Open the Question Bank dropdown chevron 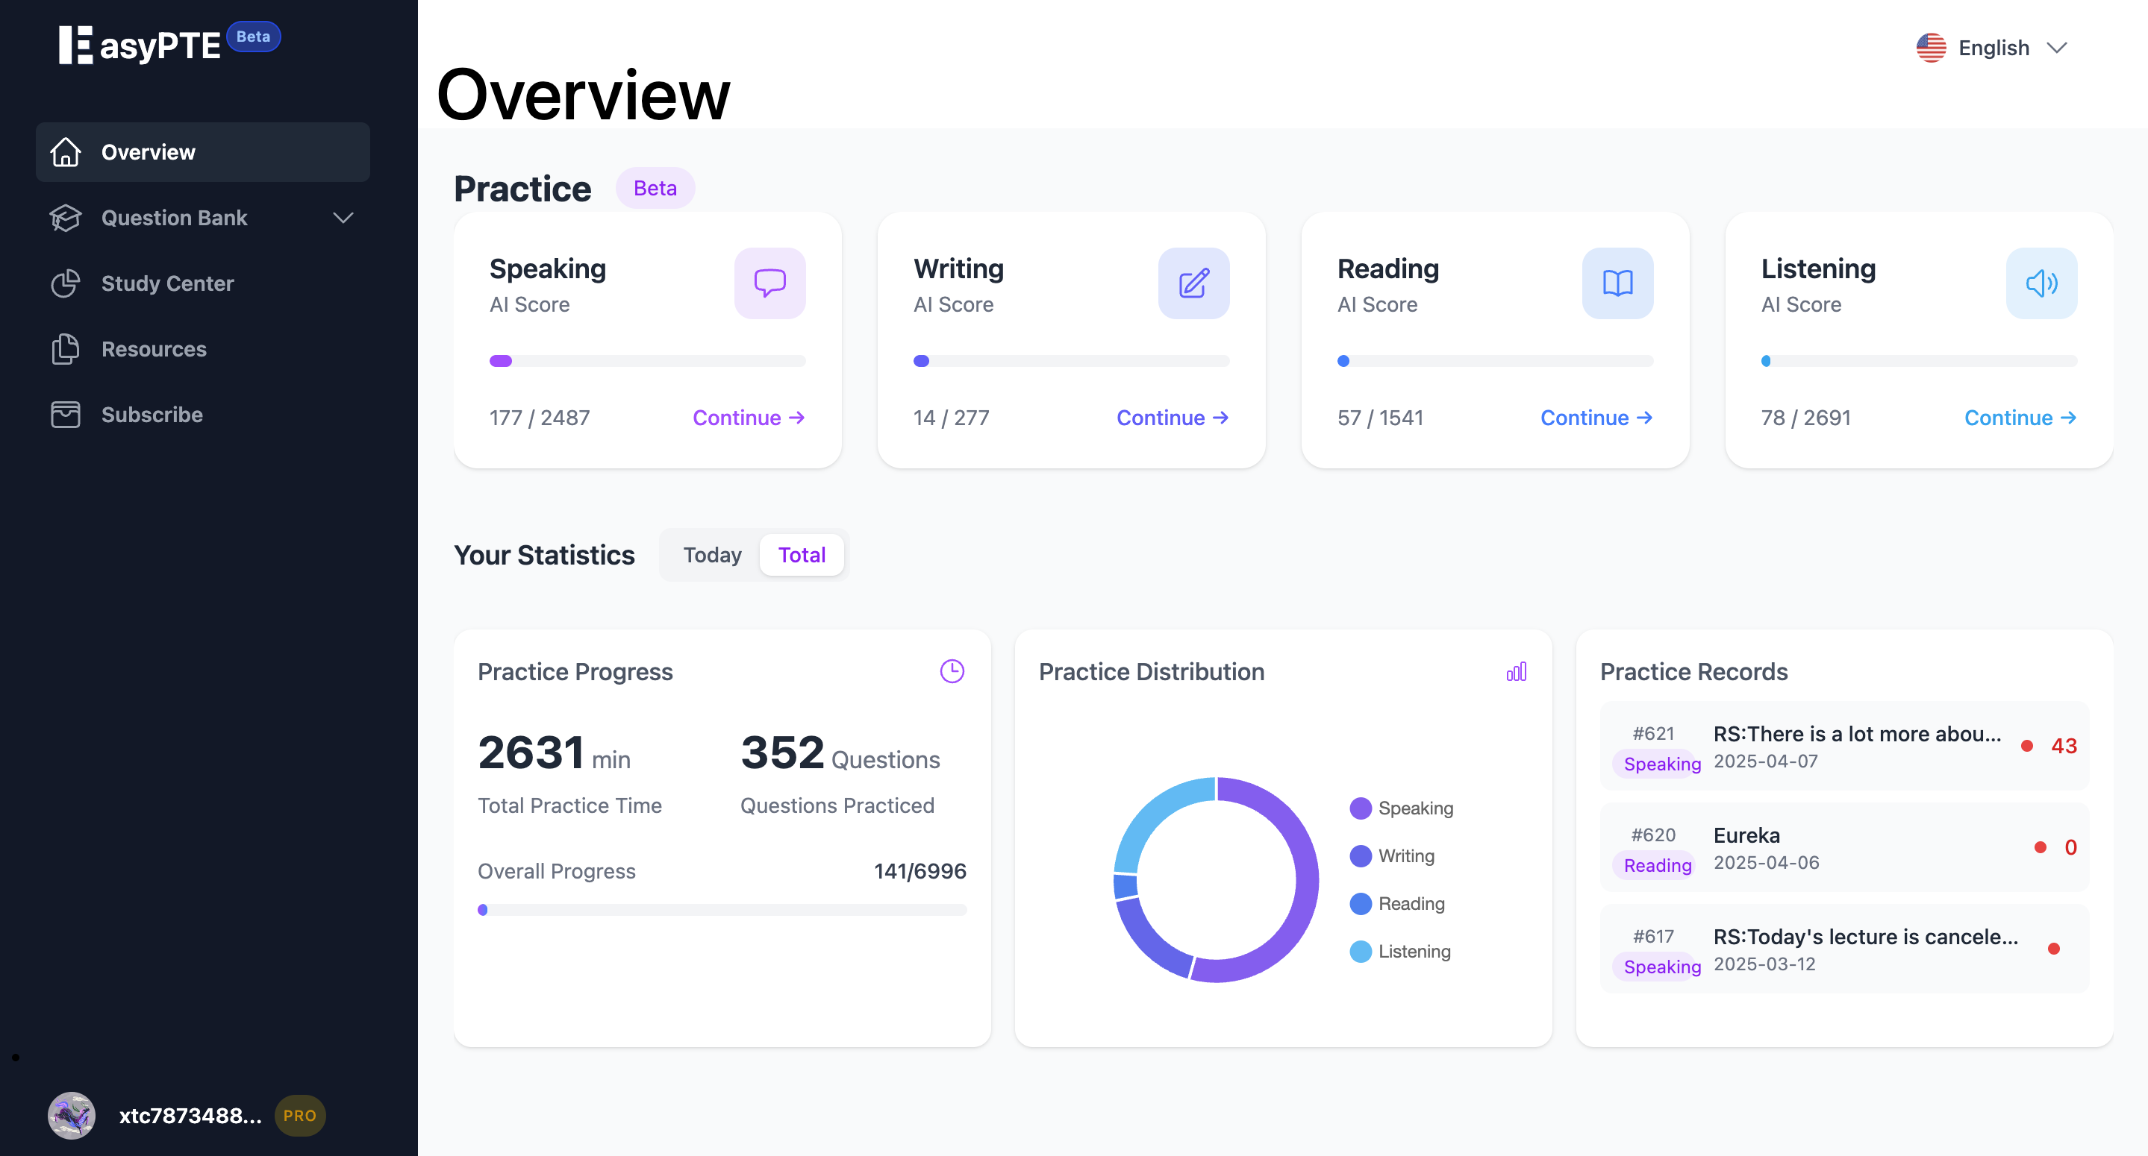(x=343, y=218)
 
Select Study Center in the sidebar (x=166, y=283)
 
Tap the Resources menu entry (x=154, y=348)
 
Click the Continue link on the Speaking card (x=748, y=418)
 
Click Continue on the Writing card (x=1172, y=418)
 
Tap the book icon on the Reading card (x=1617, y=283)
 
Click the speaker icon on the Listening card (x=2041, y=283)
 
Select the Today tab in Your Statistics (x=711, y=555)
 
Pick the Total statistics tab (x=802, y=555)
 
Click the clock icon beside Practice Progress (x=952, y=671)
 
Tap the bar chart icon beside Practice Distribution (x=1516, y=672)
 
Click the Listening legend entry (x=1414, y=951)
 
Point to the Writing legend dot (x=1360, y=856)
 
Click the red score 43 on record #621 (x=2063, y=746)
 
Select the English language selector (x=1993, y=48)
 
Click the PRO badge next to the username (x=299, y=1115)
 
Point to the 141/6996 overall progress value (x=919, y=871)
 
